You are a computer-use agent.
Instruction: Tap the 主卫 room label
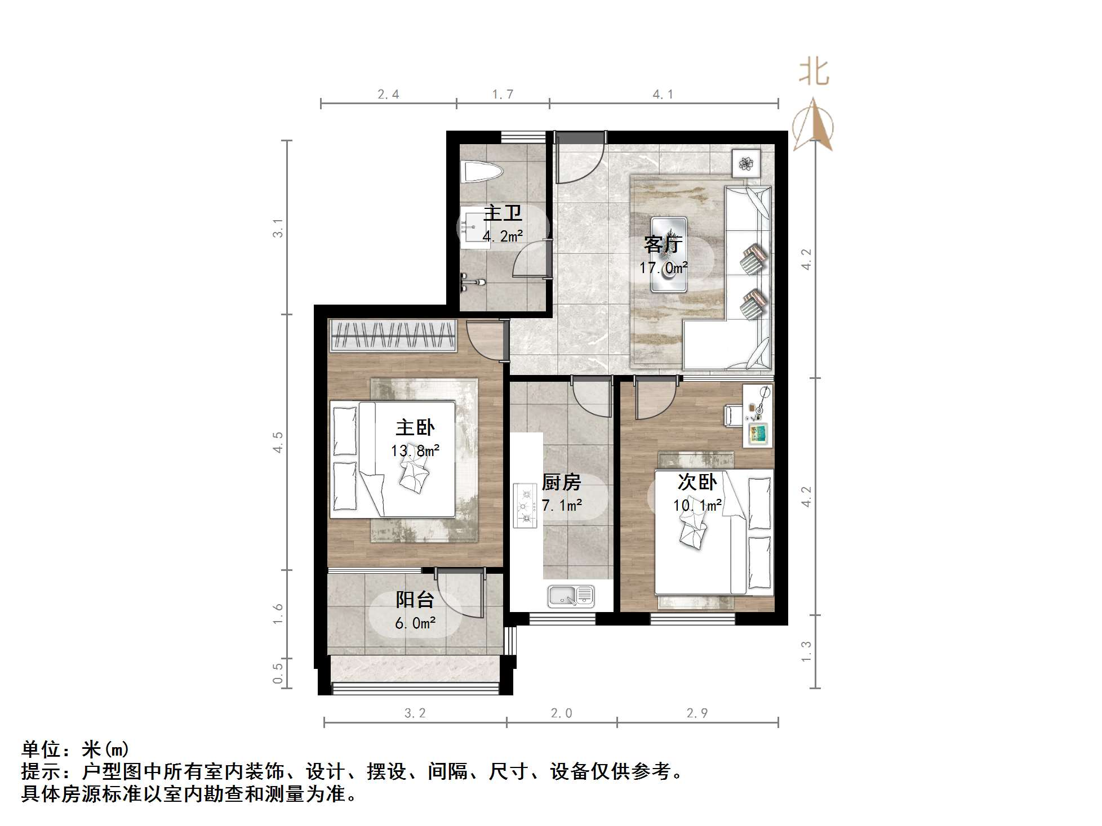click(x=503, y=213)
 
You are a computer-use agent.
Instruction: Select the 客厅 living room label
click(x=663, y=245)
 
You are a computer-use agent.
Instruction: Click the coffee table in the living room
click(x=669, y=255)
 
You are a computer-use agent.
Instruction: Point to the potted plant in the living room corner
click(x=746, y=164)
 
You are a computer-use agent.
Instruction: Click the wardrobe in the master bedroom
click(x=393, y=335)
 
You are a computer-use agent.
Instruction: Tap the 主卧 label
click(x=415, y=428)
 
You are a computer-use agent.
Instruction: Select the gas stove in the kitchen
click(x=525, y=506)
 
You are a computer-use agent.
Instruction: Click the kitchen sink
click(x=571, y=596)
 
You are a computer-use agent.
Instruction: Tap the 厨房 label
click(x=561, y=483)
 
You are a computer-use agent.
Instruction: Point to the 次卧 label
click(x=697, y=483)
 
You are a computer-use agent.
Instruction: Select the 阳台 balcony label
click(x=415, y=600)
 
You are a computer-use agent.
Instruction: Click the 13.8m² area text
click(x=415, y=451)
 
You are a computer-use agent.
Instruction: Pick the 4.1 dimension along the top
click(x=663, y=95)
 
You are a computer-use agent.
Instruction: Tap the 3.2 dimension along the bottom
click(x=415, y=713)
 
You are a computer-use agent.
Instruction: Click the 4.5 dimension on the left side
click(x=278, y=443)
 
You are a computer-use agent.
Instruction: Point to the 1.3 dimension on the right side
click(x=806, y=651)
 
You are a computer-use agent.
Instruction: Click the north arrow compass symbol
click(x=813, y=126)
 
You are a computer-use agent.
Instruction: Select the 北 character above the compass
click(x=814, y=73)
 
